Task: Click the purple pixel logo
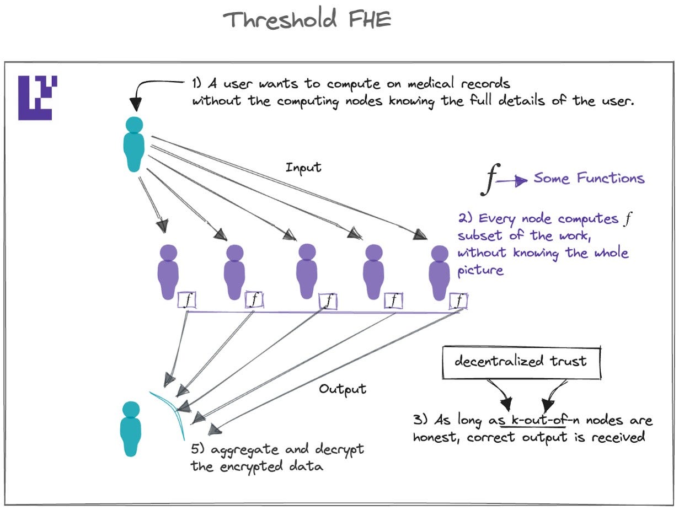tap(38, 98)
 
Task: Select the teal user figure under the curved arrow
tap(134, 144)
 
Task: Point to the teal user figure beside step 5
tap(131, 428)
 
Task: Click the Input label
tap(303, 167)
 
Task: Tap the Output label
tap(342, 389)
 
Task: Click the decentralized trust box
tap(521, 362)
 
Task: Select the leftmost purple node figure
tap(169, 272)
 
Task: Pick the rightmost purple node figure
tap(440, 272)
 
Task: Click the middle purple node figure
tap(306, 272)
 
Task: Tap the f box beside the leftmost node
tap(188, 301)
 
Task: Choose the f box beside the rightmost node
tap(458, 301)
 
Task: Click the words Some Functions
tap(589, 178)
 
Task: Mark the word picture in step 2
tap(480, 270)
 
